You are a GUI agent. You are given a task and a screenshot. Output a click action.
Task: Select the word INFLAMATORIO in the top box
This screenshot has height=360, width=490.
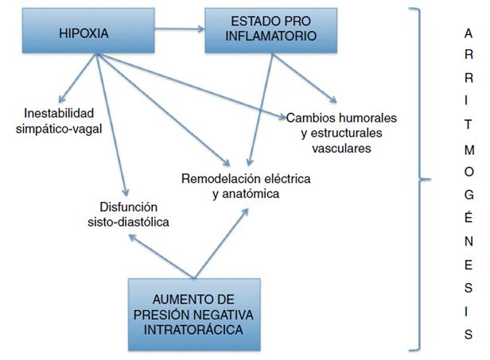tap(264, 37)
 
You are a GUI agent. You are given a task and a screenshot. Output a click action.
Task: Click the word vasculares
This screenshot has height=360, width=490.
tap(341, 147)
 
